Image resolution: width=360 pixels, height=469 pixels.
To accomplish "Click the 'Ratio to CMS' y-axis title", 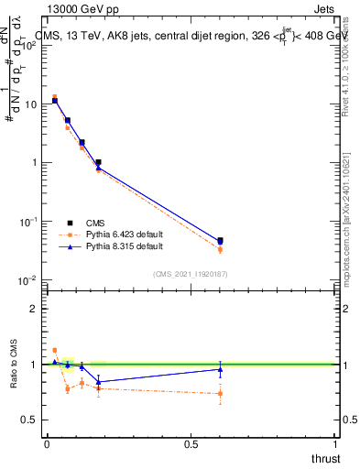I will (15, 364).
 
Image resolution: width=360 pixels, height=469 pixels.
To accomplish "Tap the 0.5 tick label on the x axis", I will (191, 444).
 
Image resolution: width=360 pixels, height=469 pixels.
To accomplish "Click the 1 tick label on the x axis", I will (335, 444).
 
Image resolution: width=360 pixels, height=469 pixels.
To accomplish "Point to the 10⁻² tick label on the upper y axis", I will (31, 280).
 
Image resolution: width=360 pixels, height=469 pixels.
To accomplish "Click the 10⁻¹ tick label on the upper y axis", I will (31, 222).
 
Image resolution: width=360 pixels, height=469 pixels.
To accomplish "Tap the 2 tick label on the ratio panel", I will (35, 309).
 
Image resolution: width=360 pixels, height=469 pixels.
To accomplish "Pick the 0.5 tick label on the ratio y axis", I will (31, 420).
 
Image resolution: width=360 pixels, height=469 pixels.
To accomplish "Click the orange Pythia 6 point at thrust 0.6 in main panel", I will (220, 249).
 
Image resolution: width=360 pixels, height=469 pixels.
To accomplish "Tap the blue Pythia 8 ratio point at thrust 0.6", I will (220, 369).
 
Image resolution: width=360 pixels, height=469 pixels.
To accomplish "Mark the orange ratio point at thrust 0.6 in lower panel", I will (220, 394).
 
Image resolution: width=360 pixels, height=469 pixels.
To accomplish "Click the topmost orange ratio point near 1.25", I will (55, 350).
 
